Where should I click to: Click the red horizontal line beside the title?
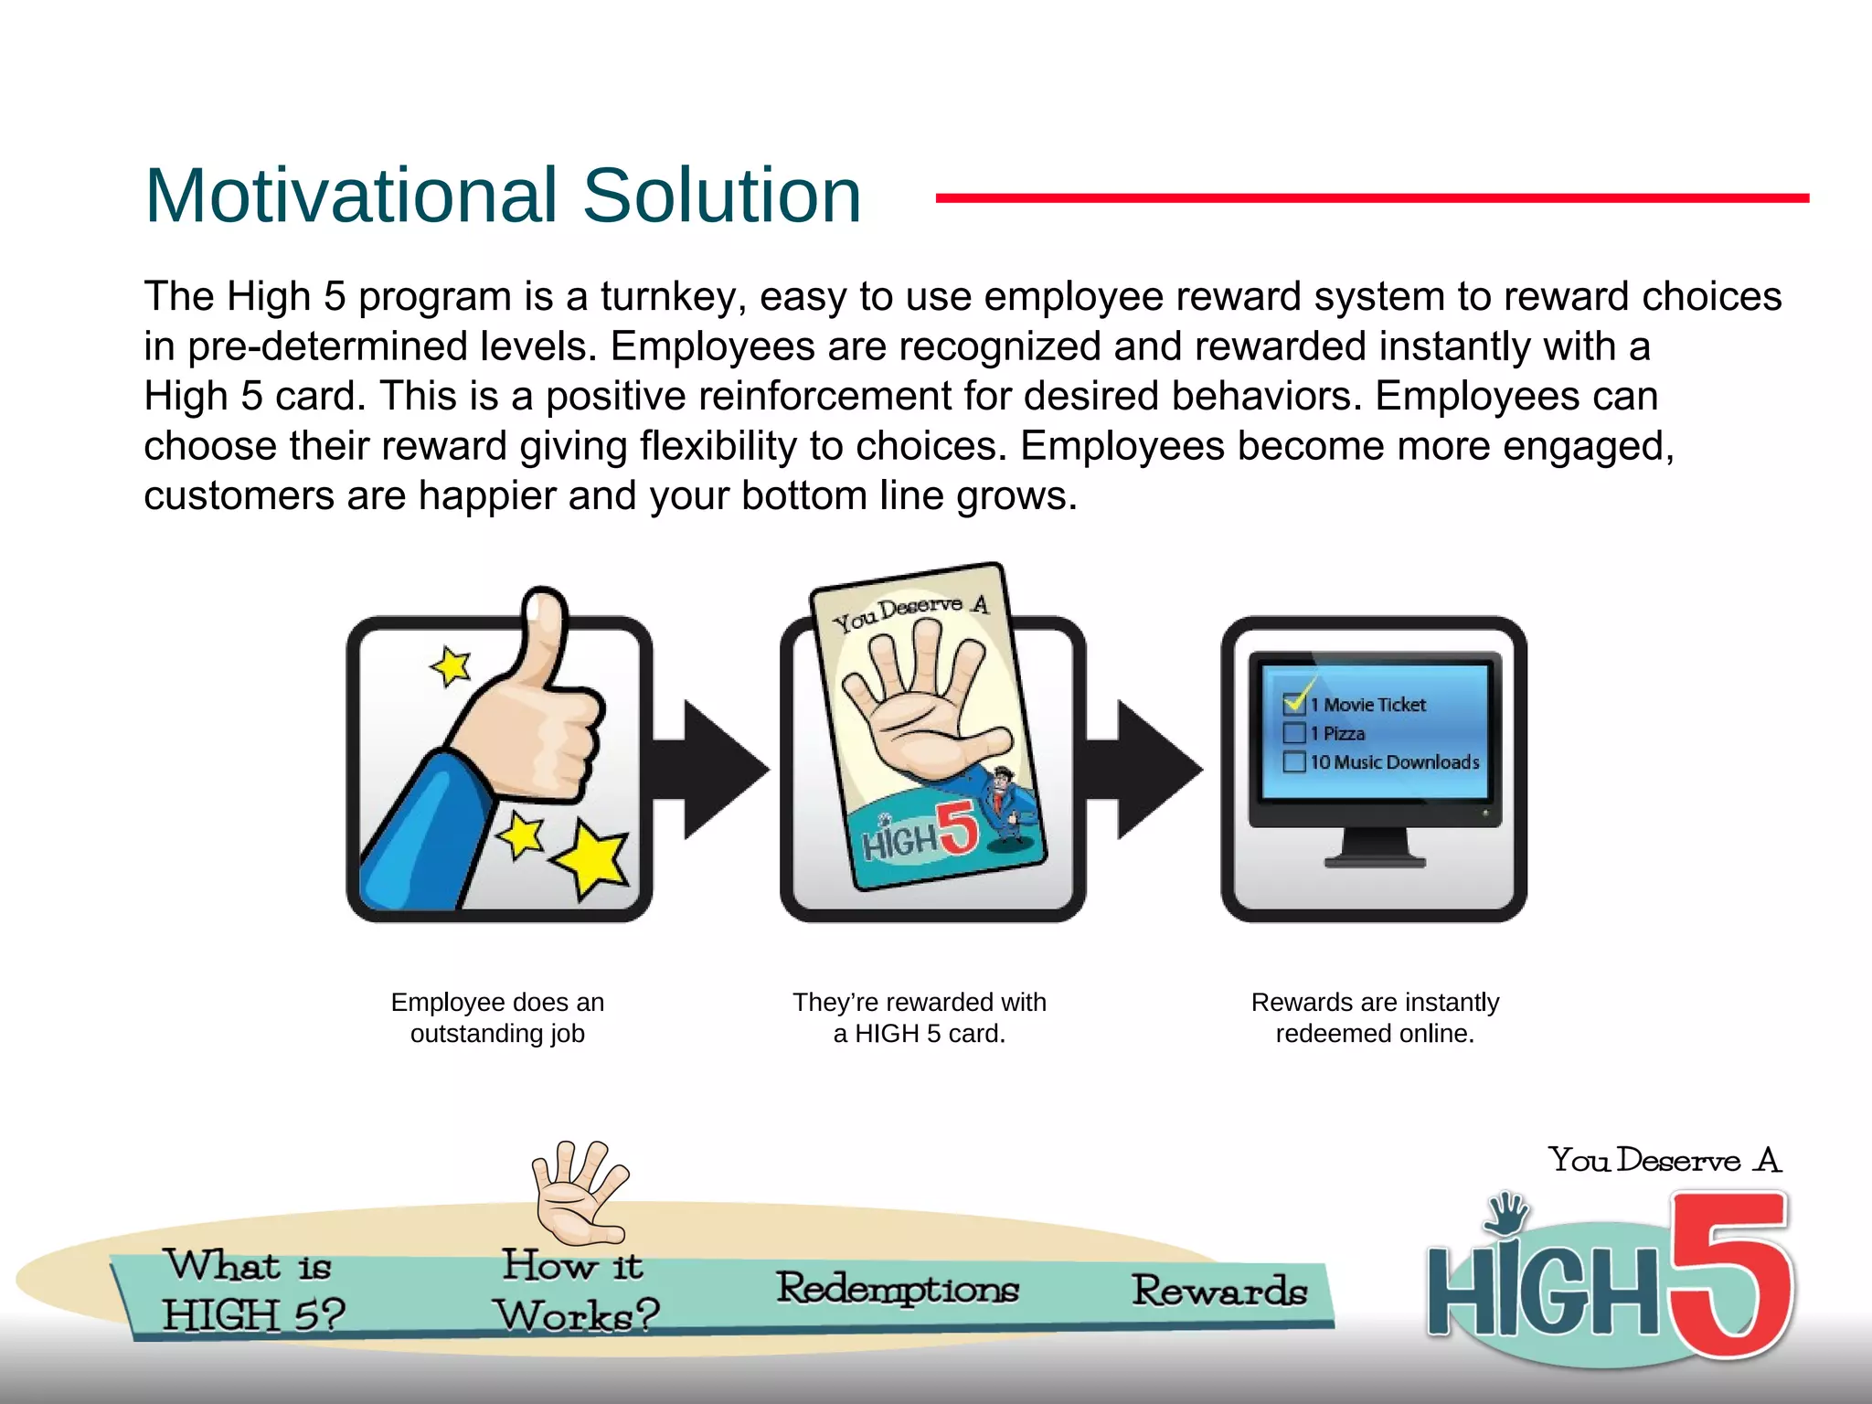(1371, 197)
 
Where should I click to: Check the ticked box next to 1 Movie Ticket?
(1294, 703)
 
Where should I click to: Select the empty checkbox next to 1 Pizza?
(1293, 733)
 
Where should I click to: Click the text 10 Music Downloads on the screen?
(1394, 762)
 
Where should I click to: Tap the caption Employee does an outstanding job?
(497, 1017)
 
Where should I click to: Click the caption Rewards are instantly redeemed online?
(1375, 1017)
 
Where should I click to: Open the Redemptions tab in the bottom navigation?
(898, 1289)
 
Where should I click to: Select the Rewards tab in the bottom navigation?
(1219, 1291)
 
